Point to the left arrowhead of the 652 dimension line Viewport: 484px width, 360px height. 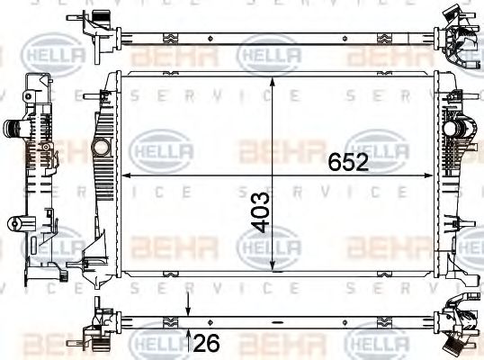124,175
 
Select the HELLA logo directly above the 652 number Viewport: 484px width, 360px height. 378,146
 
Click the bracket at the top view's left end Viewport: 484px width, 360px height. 95,25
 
